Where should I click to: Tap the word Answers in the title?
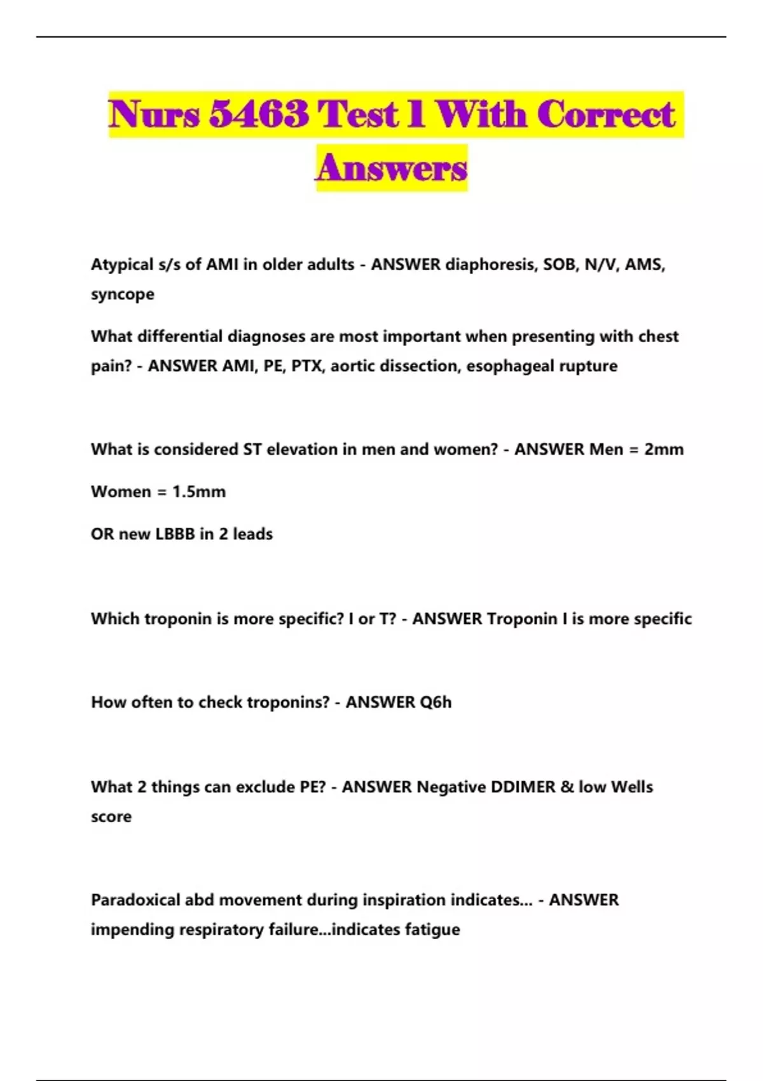coord(392,168)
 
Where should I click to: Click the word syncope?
coord(123,295)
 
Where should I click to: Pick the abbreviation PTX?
coord(307,366)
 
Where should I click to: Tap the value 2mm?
coord(664,450)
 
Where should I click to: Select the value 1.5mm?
coord(199,492)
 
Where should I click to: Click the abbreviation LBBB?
coord(175,534)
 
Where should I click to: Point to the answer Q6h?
coord(436,703)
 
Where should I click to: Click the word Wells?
coord(631,787)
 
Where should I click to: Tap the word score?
coord(111,817)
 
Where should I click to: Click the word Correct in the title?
coord(605,114)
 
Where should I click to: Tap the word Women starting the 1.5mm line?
coord(121,492)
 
